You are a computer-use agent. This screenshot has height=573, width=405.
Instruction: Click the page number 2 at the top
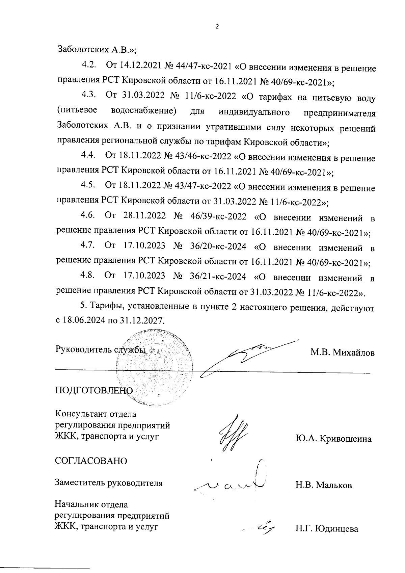point(217,27)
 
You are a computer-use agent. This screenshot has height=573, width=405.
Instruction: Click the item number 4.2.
point(89,65)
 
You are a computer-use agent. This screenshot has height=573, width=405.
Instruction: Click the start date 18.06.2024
point(84,320)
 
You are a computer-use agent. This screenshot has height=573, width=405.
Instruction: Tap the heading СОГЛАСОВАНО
point(91,461)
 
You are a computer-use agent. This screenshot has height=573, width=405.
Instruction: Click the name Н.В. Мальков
point(324,486)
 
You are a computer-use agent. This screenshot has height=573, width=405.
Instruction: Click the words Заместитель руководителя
point(109,483)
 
